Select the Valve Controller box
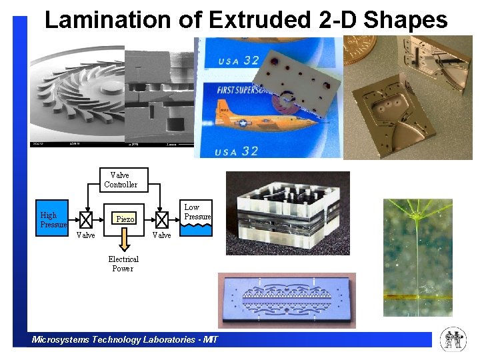[121, 180]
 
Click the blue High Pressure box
[53, 219]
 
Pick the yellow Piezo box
[125, 219]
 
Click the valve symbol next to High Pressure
[85, 219]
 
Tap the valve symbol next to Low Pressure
[161, 219]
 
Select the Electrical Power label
[123, 264]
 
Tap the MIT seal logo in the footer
[453, 339]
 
